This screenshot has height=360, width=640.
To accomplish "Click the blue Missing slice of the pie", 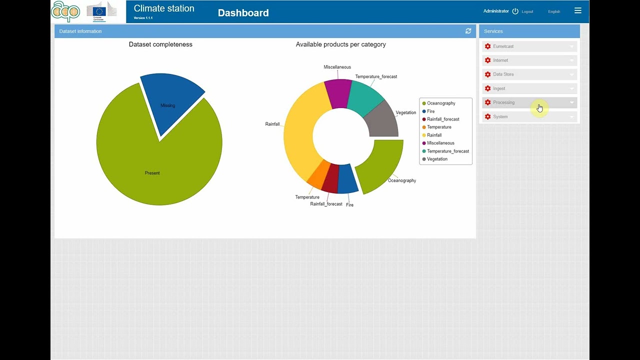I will (169, 102).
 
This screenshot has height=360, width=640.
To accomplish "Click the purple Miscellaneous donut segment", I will (337, 92).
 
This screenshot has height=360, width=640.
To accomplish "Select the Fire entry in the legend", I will (430, 111).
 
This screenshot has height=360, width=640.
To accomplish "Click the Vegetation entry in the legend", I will (437, 159).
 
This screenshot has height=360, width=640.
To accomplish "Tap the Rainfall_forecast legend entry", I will (442, 119).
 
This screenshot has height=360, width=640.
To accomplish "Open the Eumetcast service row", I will (529, 46).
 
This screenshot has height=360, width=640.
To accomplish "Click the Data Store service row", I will (529, 74).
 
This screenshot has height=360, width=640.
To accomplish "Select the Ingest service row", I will (529, 88).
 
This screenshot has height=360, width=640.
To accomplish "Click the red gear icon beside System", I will (488, 116).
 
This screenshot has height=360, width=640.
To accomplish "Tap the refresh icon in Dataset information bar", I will (468, 31).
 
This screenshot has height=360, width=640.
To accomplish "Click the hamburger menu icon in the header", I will (578, 10).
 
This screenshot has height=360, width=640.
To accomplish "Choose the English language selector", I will (554, 11).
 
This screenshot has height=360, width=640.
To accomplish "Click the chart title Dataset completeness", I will (160, 44).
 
